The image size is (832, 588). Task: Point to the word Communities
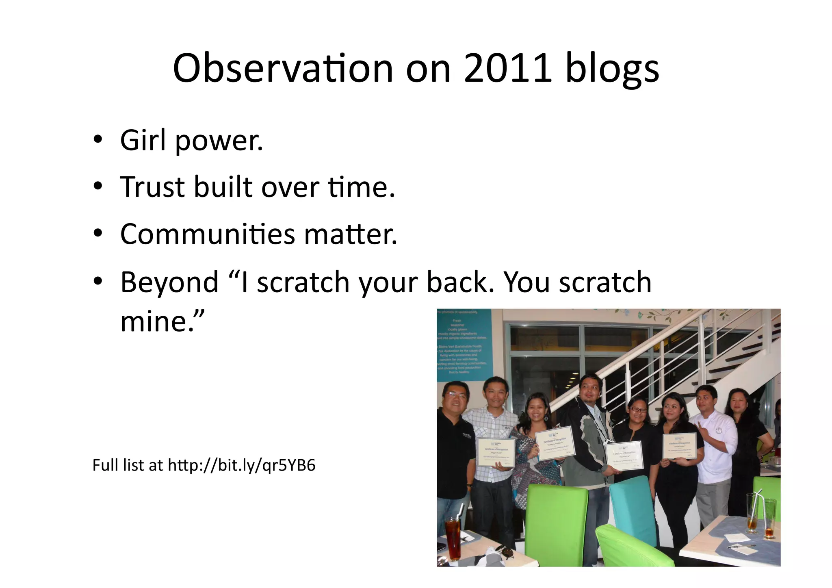(208, 234)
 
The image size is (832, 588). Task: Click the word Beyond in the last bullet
(169, 282)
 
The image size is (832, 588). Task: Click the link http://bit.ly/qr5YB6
(241, 465)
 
